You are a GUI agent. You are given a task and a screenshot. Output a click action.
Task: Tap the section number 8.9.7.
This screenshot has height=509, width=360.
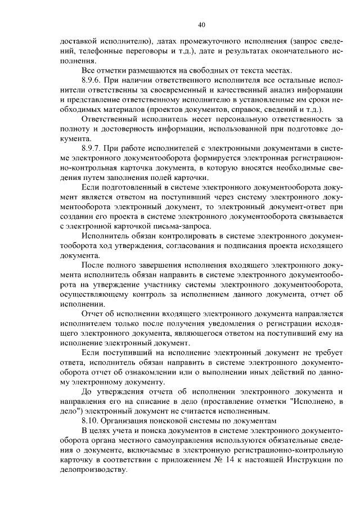click(x=93, y=148)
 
